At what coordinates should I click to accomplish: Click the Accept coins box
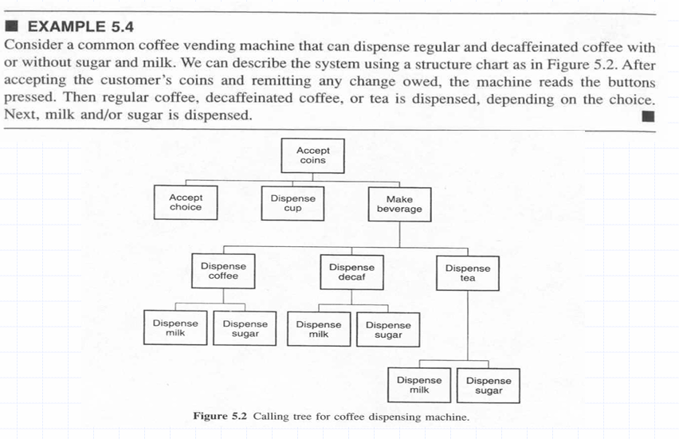[312, 156]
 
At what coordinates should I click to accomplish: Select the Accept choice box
[186, 202]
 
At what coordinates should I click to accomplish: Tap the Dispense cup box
[292, 203]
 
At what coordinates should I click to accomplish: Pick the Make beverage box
[399, 204]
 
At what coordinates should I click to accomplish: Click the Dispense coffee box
[223, 271]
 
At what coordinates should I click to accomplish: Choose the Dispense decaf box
[351, 272]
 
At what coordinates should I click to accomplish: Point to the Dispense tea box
[468, 273]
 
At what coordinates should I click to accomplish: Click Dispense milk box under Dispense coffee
[175, 327]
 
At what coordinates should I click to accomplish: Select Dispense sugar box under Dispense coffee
[245, 328]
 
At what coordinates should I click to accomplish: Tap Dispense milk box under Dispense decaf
[319, 330]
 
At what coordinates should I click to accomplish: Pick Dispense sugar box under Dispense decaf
[388, 330]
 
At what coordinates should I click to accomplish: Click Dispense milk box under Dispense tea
[419, 385]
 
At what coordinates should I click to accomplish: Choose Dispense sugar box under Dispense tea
[489, 386]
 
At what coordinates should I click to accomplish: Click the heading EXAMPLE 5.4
[80, 27]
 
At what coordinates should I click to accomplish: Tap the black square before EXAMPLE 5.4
[12, 26]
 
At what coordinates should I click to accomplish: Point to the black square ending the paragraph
[648, 116]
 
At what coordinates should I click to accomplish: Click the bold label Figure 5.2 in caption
[220, 416]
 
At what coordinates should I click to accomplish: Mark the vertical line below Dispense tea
[468, 326]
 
